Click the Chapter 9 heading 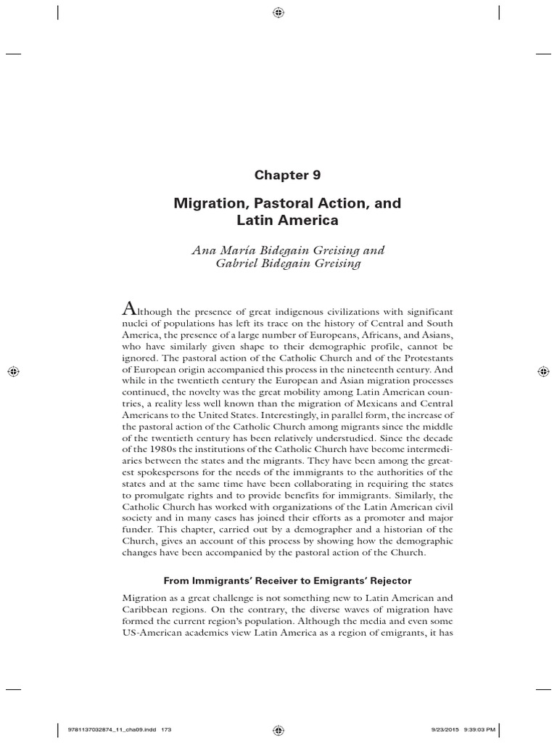point(286,175)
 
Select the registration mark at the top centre point(278,12)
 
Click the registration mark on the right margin point(544,371)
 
